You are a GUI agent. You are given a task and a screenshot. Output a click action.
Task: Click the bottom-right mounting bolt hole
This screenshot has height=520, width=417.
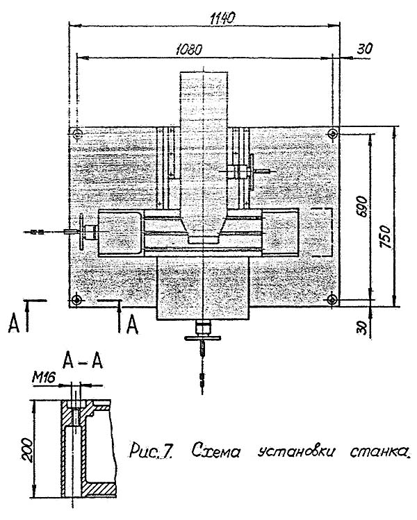tap(332, 299)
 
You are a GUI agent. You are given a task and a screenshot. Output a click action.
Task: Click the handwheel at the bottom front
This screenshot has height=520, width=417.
tap(202, 339)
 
